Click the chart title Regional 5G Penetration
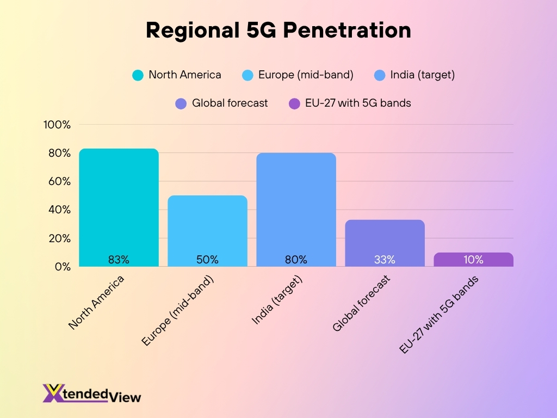278,30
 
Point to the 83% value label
119,260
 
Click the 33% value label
385,260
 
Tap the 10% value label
473,260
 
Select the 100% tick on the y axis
57,125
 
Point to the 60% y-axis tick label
59,181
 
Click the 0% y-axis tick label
62,267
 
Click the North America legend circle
138,75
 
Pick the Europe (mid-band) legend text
306,75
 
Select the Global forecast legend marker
181,103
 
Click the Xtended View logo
91,393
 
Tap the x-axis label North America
97,302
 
